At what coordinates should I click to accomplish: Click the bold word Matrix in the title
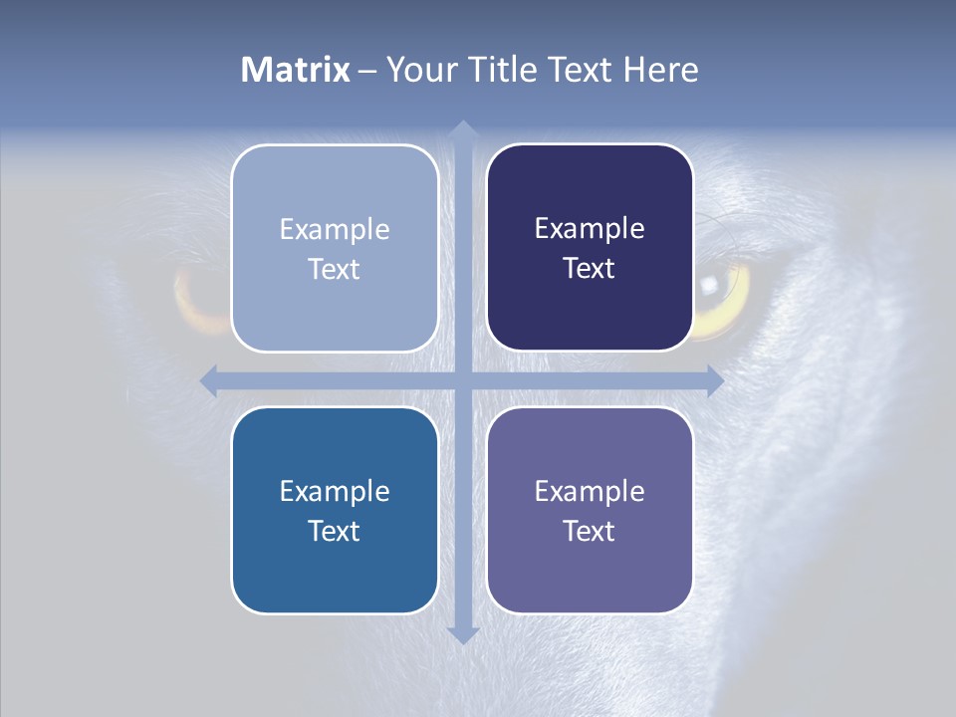click(x=296, y=70)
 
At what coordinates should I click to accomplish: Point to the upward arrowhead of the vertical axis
click(x=462, y=129)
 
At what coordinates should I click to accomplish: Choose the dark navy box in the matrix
click(x=590, y=189)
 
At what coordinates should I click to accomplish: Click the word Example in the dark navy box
click(x=590, y=229)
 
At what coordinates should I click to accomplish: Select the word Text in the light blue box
click(x=334, y=270)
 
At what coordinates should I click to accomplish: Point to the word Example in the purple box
click(x=590, y=491)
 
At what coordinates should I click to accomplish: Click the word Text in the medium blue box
click(x=334, y=531)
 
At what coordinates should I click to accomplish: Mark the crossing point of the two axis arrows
click(x=462, y=380)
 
